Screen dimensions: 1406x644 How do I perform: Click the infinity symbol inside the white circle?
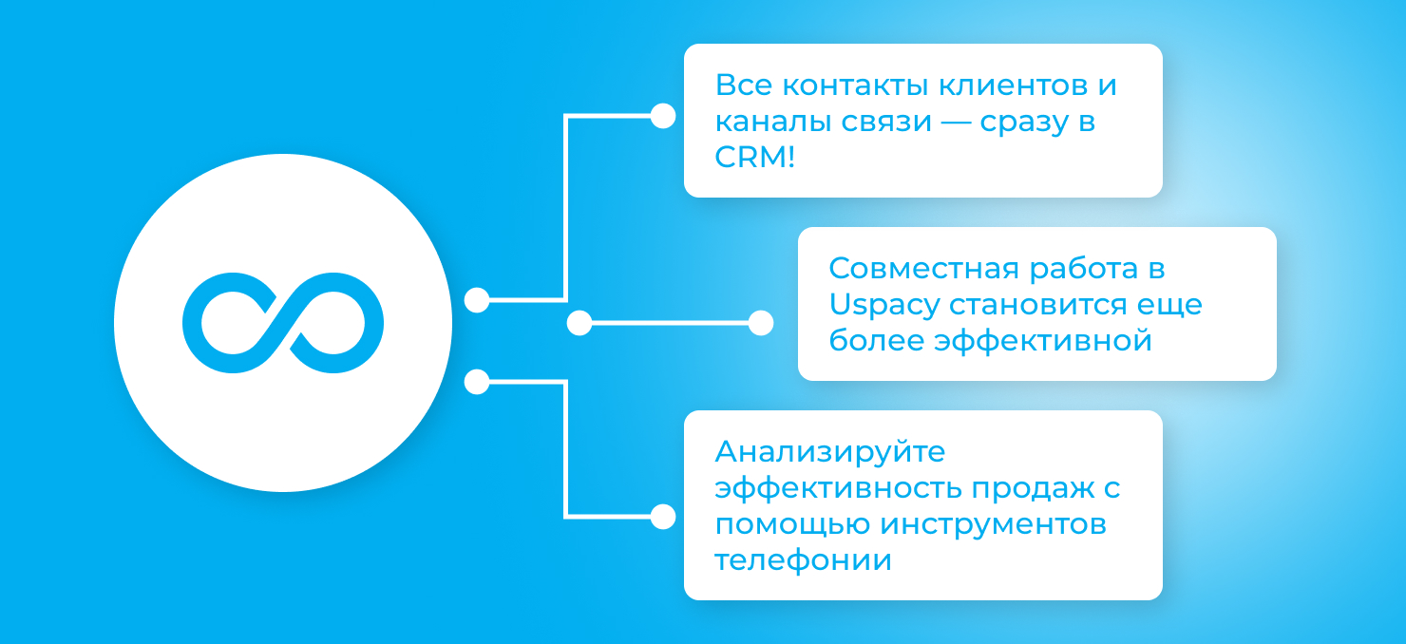[283, 323]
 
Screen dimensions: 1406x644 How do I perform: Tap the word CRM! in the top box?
[755, 157]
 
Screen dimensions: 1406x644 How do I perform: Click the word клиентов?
[1013, 85]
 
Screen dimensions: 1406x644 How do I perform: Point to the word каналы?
[772, 122]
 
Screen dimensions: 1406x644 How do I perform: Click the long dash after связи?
[956, 122]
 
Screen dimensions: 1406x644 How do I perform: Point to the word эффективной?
[1042, 341]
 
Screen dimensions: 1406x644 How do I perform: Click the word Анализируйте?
[829, 452]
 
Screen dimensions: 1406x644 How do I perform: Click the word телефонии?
[803, 559]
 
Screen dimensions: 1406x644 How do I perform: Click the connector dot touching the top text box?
[663, 116]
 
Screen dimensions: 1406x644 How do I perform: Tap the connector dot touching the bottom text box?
[663, 517]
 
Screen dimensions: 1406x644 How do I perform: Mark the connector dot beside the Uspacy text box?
[761, 323]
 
